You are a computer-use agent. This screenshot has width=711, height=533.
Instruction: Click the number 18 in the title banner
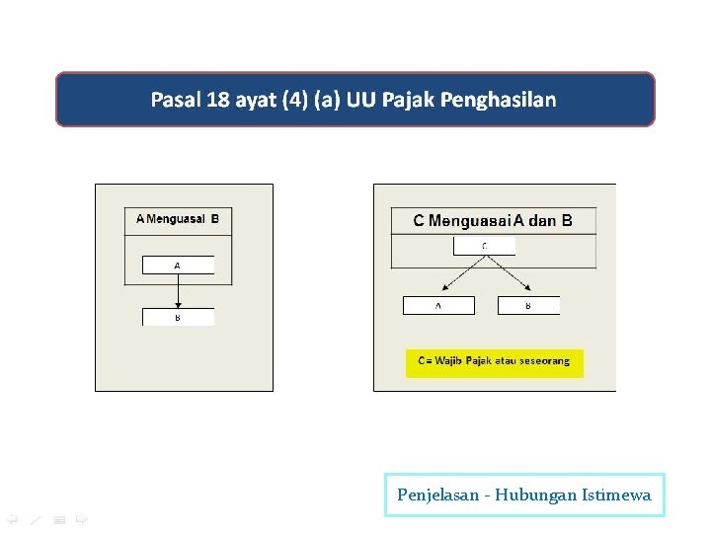[x=218, y=100]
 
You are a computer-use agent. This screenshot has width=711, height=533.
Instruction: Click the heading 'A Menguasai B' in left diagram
[x=178, y=219]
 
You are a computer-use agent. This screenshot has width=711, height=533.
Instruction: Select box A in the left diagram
[x=178, y=266]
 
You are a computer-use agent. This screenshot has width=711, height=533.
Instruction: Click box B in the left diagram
[x=178, y=318]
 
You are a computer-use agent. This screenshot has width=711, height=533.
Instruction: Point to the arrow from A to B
[x=178, y=291]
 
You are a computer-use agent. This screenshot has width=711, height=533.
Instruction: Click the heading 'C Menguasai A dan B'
[x=493, y=220]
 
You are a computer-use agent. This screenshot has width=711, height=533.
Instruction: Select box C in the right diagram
[x=484, y=246]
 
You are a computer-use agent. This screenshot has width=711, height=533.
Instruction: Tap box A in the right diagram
[x=438, y=306]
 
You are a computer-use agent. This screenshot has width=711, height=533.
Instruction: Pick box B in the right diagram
[x=528, y=306]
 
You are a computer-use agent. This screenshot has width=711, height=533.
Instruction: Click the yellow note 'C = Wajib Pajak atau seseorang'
[x=494, y=361]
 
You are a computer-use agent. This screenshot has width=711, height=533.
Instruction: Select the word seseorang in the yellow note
[x=542, y=361]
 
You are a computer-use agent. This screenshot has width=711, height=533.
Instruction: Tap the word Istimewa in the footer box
[x=617, y=495]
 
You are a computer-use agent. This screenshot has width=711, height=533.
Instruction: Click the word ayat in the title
[x=257, y=100]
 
